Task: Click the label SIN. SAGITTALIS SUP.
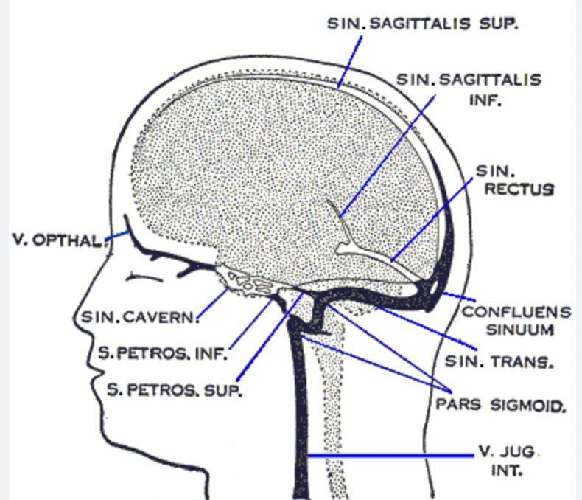point(422,24)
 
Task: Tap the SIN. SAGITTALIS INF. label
point(469,89)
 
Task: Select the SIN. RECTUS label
point(515,181)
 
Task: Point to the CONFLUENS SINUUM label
point(516,321)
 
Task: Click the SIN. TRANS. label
point(499,361)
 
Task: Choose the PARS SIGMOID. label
point(501,405)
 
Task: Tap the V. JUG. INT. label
point(508,461)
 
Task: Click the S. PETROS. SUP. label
point(175,390)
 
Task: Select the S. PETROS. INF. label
point(163,353)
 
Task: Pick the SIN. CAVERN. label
point(140,317)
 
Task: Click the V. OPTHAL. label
point(58,240)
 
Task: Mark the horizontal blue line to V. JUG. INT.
point(391,455)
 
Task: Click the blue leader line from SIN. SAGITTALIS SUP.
point(350,62)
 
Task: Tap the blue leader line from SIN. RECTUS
point(432,219)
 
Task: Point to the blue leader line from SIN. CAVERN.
point(212,303)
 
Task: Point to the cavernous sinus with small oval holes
point(250,283)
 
